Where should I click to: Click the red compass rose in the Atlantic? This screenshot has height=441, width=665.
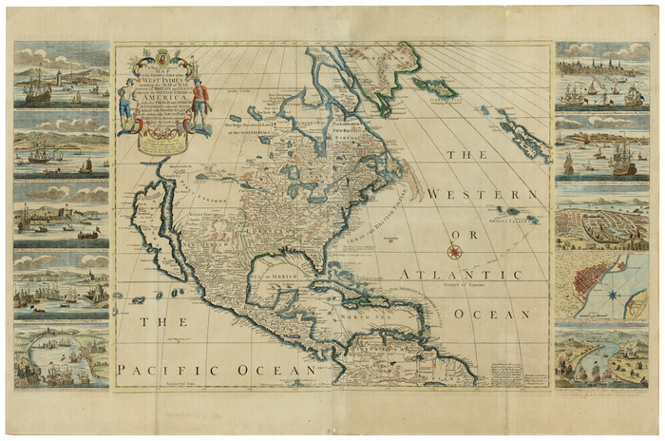(x=454, y=252)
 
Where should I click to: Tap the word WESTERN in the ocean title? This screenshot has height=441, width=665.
(x=474, y=194)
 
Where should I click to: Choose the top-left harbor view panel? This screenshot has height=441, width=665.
(x=62, y=74)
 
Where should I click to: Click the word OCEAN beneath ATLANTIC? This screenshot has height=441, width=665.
(x=490, y=314)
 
